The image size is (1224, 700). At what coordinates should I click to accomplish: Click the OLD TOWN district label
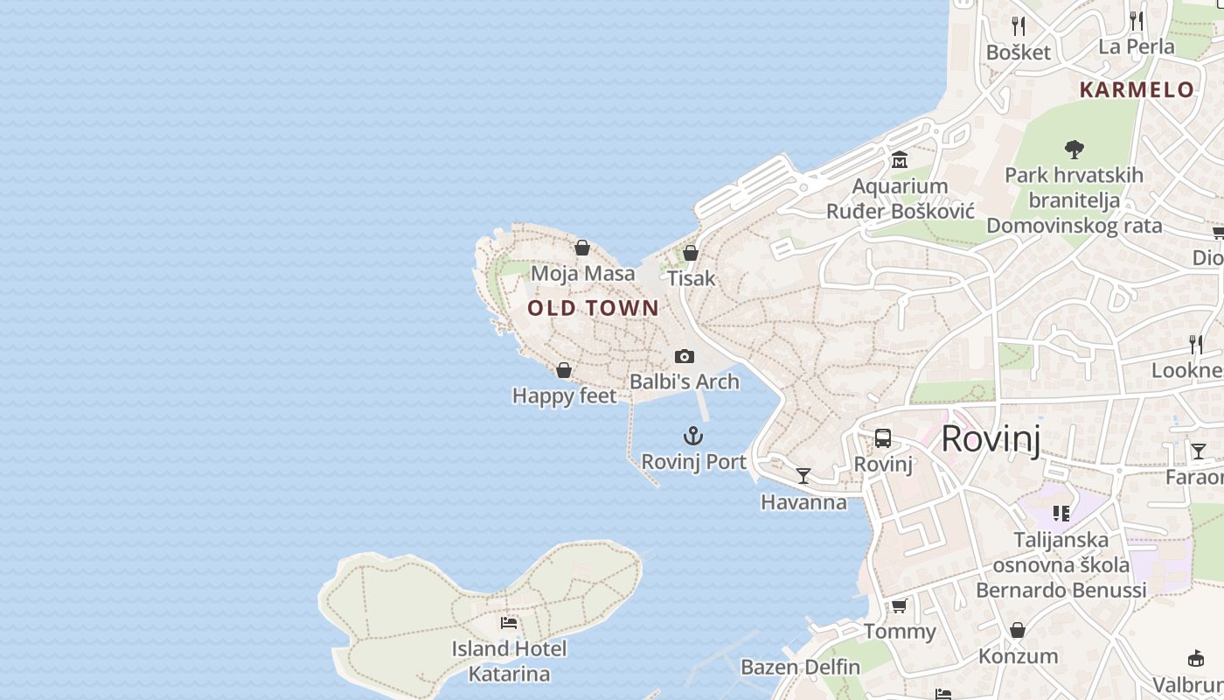pyautogui.click(x=593, y=308)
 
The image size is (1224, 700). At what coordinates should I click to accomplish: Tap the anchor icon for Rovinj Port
pyautogui.click(x=693, y=436)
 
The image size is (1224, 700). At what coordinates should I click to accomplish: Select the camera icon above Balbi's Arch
pyautogui.click(x=685, y=356)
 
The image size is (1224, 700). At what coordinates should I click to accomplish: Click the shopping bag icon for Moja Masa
pyautogui.click(x=582, y=248)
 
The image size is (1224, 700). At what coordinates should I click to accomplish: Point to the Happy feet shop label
pyautogui.click(x=564, y=396)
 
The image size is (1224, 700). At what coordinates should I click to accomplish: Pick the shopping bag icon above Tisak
pyautogui.click(x=691, y=253)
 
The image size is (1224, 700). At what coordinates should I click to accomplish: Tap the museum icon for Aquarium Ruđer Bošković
pyautogui.click(x=900, y=160)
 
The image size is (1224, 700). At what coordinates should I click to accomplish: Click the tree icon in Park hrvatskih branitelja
pyautogui.click(x=1074, y=149)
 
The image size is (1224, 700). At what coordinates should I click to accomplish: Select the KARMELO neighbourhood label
pyautogui.click(x=1137, y=89)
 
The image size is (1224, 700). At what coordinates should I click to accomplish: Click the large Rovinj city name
pyautogui.click(x=991, y=438)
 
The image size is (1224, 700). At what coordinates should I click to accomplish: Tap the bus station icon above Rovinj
pyautogui.click(x=883, y=438)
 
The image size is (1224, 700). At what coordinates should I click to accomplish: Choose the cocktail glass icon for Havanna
pyautogui.click(x=803, y=476)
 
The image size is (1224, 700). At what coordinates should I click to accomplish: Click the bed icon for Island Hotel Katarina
pyautogui.click(x=509, y=623)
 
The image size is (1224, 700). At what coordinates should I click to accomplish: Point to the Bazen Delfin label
pyautogui.click(x=800, y=667)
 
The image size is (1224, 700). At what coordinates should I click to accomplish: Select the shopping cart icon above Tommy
pyautogui.click(x=899, y=605)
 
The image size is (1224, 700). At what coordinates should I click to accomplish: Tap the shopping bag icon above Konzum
pyautogui.click(x=1018, y=630)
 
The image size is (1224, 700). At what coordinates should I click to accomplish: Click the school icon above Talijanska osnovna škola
pyautogui.click(x=1061, y=514)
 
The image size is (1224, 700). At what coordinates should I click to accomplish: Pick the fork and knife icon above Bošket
pyautogui.click(x=1018, y=25)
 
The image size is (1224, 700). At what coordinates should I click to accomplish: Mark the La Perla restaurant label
pyautogui.click(x=1137, y=46)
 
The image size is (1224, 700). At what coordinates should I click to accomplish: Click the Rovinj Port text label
pyautogui.click(x=693, y=461)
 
